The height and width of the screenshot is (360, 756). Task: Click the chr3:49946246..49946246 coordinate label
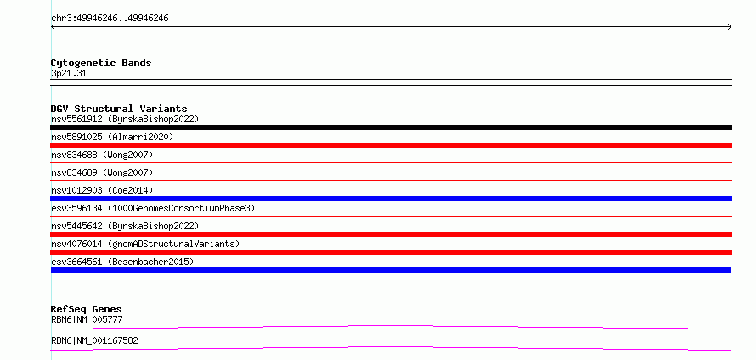click(x=110, y=19)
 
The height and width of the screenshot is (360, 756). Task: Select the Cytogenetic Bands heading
click(x=101, y=63)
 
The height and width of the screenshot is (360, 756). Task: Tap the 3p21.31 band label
click(x=69, y=74)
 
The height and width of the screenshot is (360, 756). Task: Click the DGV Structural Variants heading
click(x=119, y=109)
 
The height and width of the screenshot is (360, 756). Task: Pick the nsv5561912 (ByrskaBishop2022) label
click(x=125, y=119)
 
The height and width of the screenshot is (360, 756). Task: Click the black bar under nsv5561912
click(x=391, y=127)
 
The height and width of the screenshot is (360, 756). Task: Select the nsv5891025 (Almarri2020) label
click(x=112, y=137)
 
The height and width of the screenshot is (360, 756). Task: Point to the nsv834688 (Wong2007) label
click(x=102, y=155)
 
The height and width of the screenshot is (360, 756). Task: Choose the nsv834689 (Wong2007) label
click(x=102, y=172)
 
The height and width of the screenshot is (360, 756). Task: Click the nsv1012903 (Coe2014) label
click(x=102, y=190)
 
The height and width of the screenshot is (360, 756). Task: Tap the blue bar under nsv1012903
click(x=391, y=199)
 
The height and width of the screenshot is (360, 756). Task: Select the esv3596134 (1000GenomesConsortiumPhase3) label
click(x=153, y=208)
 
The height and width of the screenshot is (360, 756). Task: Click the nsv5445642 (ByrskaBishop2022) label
click(x=125, y=226)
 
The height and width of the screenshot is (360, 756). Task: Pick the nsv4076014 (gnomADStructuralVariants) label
click(x=145, y=244)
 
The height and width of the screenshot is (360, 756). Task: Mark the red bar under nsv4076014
click(x=391, y=252)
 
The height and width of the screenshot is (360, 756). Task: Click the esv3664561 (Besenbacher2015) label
click(x=122, y=262)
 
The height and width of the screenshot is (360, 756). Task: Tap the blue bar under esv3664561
click(x=391, y=270)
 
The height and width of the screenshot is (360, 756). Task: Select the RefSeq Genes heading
click(x=87, y=309)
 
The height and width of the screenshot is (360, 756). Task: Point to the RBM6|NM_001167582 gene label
click(x=94, y=340)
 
